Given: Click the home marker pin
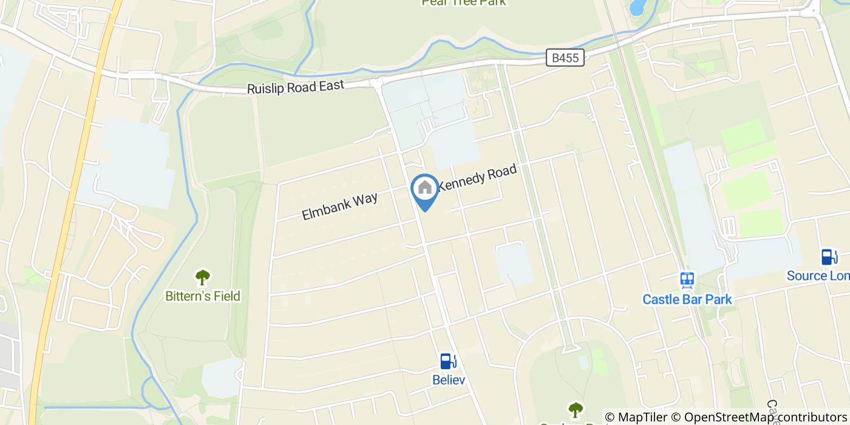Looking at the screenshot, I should click(x=425, y=189).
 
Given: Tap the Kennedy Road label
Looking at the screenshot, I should click(x=477, y=177).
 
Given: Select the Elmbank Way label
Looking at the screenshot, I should click(x=339, y=206).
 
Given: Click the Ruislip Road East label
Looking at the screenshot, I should click(x=295, y=87).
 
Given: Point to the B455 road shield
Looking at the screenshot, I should click(x=565, y=58).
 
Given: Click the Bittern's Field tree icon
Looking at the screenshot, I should click(x=203, y=278).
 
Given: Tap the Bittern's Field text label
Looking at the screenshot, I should click(x=203, y=296).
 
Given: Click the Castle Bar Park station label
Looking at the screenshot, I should click(x=687, y=299).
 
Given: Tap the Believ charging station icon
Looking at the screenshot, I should click(x=448, y=361).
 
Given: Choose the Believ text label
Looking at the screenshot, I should click(x=448, y=380).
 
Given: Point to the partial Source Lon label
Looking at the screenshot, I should click(x=818, y=276).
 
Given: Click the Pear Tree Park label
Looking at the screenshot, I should click(x=464, y=2).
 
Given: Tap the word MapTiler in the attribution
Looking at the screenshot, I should click(x=642, y=417).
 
